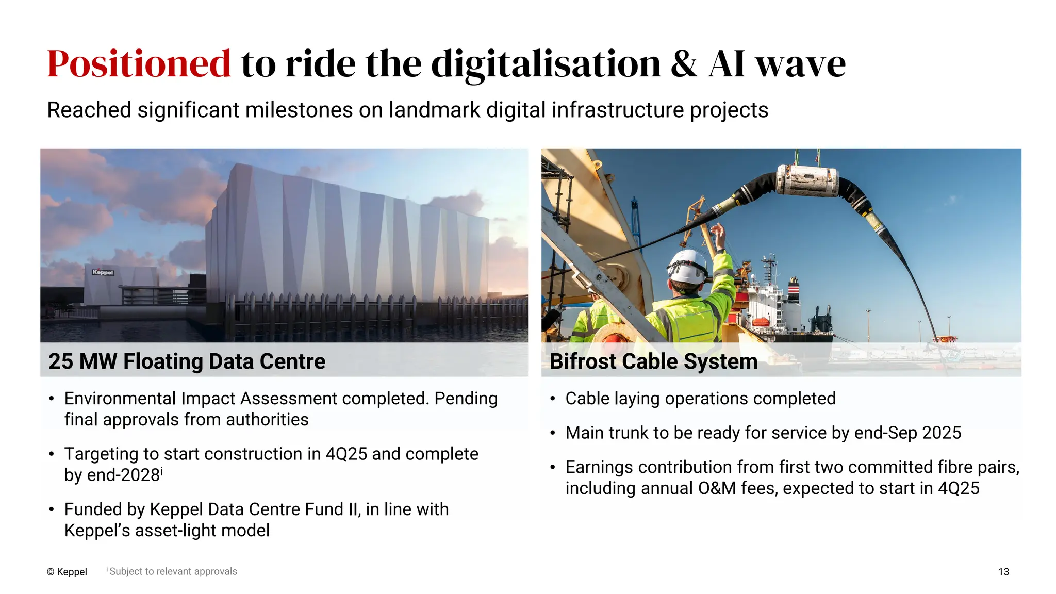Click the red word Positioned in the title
139,64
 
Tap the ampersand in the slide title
684,64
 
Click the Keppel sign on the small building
103,272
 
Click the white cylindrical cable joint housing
807,180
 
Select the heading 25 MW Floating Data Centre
187,361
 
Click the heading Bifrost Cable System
653,361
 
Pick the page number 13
1003,572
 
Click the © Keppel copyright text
67,572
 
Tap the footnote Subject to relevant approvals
173,571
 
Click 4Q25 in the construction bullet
346,454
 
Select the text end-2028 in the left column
123,475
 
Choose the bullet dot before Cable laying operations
552,399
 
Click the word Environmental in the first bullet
120,399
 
